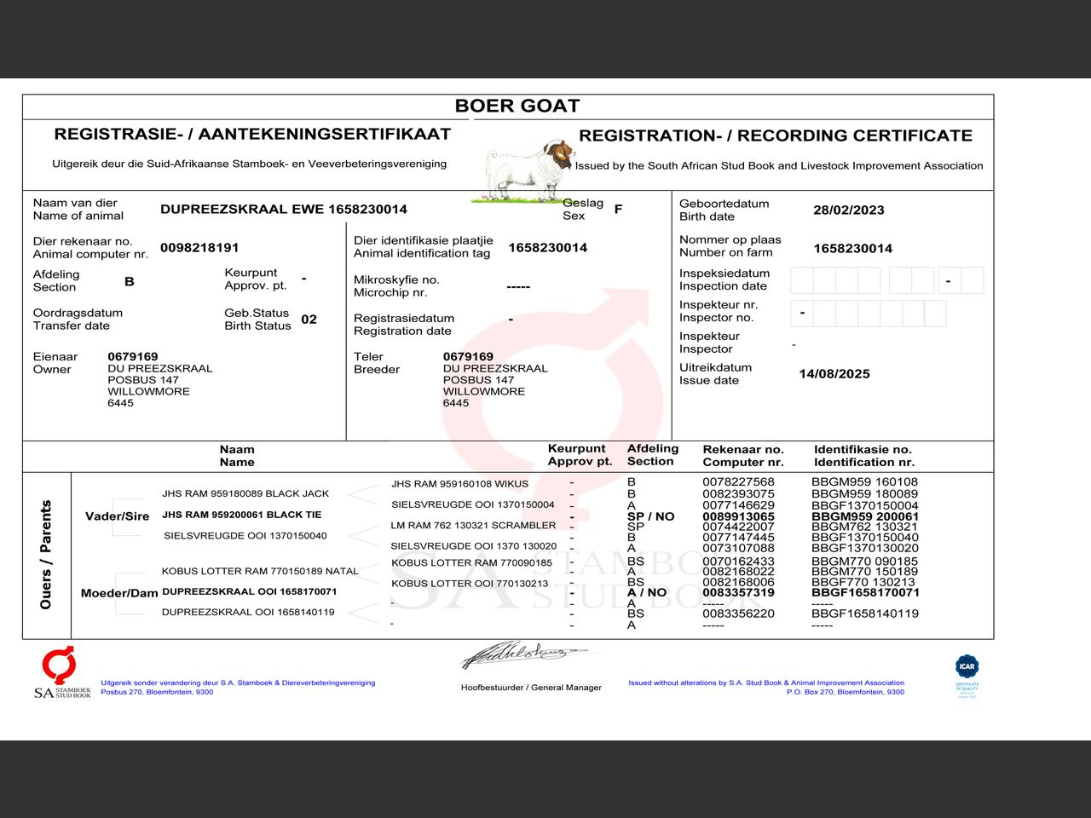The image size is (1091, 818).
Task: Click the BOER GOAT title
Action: tap(517, 107)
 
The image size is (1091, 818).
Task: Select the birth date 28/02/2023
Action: tap(848, 210)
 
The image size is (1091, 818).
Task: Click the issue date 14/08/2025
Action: tap(834, 374)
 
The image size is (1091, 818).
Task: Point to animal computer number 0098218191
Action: tap(199, 248)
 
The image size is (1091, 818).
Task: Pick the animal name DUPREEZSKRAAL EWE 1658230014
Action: tap(284, 210)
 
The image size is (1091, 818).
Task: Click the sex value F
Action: tap(618, 209)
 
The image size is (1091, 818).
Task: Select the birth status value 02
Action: tap(309, 320)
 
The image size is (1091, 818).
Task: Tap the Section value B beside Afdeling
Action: tap(130, 281)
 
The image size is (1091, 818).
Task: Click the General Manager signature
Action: tap(523, 655)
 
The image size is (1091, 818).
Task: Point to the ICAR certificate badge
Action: tap(967, 675)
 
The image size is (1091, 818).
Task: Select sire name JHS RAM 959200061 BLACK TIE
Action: tap(241, 515)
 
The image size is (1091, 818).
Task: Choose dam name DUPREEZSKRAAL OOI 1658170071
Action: tap(249, 591)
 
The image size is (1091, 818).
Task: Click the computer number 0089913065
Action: tap(738, 516)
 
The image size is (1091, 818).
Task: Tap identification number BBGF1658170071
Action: tap(865, 592)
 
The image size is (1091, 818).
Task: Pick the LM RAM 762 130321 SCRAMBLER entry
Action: tap(473, 526)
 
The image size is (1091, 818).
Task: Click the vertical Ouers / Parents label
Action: tap(46, 555)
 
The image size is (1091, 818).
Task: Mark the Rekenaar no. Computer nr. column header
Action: tap(742, 456)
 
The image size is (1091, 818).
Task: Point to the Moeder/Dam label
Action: tap(119, 593)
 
